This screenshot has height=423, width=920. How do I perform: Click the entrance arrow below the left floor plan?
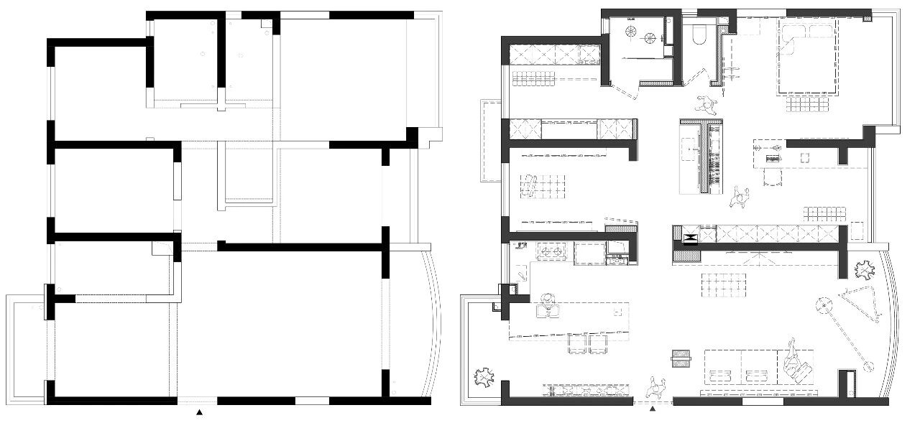[200, 413]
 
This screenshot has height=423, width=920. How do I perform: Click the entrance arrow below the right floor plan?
[653, 409]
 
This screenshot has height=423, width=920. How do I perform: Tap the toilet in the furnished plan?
[698, 35]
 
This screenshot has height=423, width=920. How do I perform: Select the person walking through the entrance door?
[654, 388]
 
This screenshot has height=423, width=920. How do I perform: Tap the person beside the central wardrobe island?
[739, 197]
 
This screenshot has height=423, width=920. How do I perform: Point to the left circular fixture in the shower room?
[631, 31]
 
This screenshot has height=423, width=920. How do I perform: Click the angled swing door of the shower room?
[624, 91]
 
